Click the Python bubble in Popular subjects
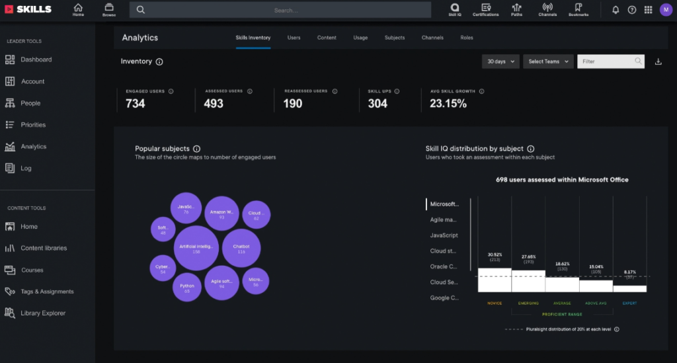[x=186, y=288]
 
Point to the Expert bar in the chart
[x=629, y=288]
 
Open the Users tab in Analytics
[x=294, y=38]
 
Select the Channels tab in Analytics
[x=432, y=38]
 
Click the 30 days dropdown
[x=500, y=61]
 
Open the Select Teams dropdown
[x=547, y=61]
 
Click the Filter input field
[x=605, y=61]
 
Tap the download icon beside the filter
[x=658, y=61]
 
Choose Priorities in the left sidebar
[x=33, y=125]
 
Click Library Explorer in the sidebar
[x=43, y=313]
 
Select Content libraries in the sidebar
[x=44, y=249]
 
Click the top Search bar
[x=285, y=10]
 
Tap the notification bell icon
[x=616, y=10]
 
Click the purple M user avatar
[x=665, y=9]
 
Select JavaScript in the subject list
[x=444, y=235]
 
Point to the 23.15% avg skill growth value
[x=448, y=104]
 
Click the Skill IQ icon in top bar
[x=454, y=9]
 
